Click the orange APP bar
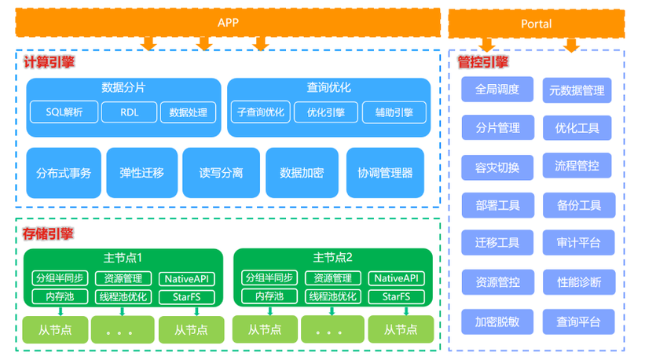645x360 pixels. (228, 23)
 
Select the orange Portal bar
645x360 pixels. (536, 24)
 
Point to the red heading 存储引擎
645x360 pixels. (48, 233)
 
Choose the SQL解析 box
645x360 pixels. (64, 112)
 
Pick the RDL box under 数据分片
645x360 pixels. (129, 112)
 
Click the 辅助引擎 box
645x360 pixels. (394, 112)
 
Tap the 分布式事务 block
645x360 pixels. (63, 172)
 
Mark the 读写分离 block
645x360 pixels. (221, 172)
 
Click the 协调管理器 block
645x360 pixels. (384, 172)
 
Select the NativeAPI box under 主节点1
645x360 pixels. (187, 278)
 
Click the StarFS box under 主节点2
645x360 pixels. (396, 296)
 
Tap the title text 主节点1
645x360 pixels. (123, 258)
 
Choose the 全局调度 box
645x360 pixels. (497, 90)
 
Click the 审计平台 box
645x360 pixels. (578, 243)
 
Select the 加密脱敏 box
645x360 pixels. (497, 321)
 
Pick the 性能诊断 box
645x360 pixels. (578, 281)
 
